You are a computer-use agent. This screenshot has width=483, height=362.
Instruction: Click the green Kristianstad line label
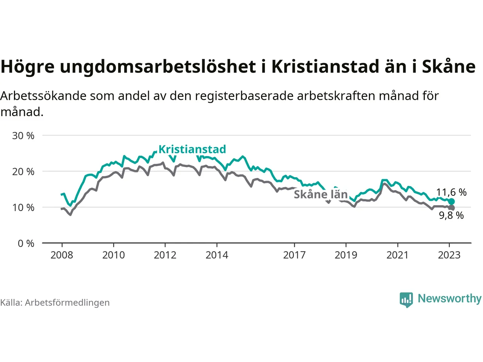pyautogui.click(x=192, y=149)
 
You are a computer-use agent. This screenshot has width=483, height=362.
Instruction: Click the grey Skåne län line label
pyautogui.click(x=320, y=194)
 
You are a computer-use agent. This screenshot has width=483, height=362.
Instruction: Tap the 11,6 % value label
pyautogui.click(x=451, y=192)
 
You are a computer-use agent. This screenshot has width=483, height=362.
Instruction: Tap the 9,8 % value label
pyautogui.click(x=451, y=216)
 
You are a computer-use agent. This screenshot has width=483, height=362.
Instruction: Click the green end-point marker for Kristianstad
pyautogui.click(x=451, y=201)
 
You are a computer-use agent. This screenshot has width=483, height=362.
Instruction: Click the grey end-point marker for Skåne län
pyautogui.click(x=451, y=208)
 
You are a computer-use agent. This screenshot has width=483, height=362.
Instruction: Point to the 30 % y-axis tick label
pyautogui.click(x=23, y=136)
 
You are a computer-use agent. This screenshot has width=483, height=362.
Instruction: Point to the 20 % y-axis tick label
pyautogui.click(x=23, y=172)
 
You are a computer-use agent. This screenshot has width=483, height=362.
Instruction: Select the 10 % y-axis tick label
pyautogui.click(x=23, y=207)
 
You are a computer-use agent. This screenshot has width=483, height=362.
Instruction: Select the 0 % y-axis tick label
pyautogui.click(x=26, y=244)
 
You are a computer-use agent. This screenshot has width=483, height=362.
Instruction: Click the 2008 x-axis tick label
pyautogui.click(x=62, y=255)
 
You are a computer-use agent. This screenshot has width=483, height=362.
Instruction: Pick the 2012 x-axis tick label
pyautogui.click(x=165, y=255)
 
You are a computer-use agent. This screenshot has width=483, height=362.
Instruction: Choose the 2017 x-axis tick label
pyautogui.click(x=294, y=255)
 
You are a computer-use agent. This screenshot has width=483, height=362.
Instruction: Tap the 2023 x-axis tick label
pyautogui.click(x=449, y=255)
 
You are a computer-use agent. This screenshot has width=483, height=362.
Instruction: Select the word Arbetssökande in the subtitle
pyautogui.click(x=43, y=96)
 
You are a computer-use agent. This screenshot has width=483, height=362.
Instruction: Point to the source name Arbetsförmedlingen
pyautogui.click(x=67, y=302)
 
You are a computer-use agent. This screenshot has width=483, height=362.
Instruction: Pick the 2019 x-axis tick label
pyautogui.click(x=346, y=255)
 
